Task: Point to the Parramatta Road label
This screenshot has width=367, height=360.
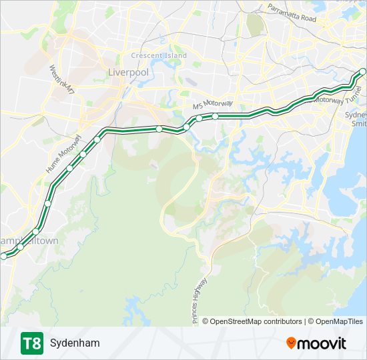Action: [292, 13]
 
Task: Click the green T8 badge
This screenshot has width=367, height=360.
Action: [31, 343]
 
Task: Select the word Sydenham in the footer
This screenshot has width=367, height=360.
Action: [74, 343]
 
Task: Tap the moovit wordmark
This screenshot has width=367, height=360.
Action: [322, 343]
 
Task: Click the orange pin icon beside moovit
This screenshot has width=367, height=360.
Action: [292, 343]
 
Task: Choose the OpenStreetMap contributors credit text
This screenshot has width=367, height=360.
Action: [256, 321]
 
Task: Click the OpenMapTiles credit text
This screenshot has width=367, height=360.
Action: [339, 321]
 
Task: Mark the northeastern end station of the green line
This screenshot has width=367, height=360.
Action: [363, 71]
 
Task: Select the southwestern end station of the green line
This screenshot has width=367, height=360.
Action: [4, 256]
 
